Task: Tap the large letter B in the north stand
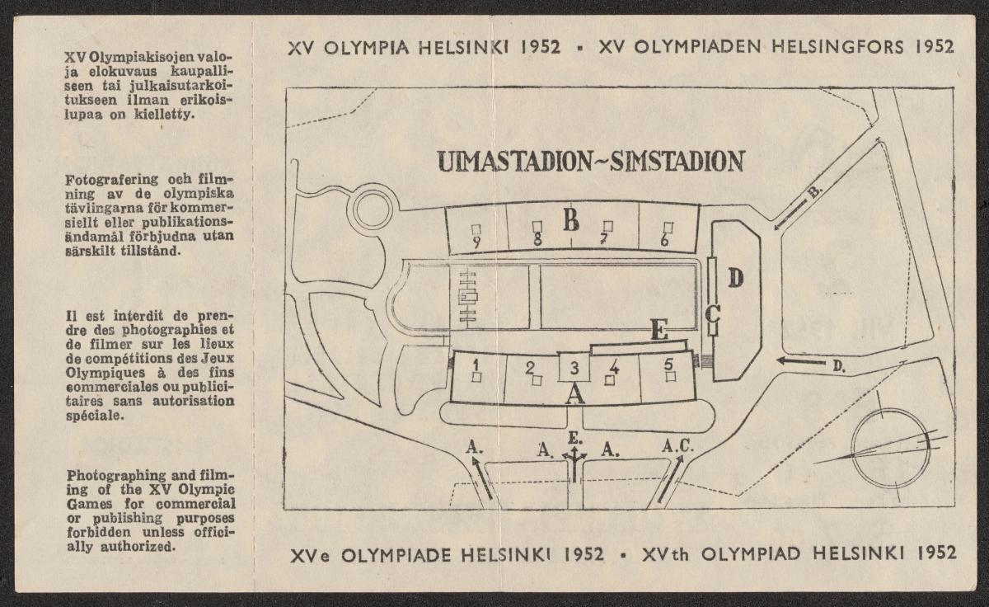571,220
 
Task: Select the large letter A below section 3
576,393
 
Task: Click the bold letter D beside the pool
736,279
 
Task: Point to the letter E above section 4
659,331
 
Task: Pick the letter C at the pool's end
714,313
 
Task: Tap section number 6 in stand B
664,242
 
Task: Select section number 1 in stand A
476,362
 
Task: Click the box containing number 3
575,367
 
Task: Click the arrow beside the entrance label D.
800,361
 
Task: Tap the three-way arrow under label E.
574,463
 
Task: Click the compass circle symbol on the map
890,449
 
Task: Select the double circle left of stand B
373,209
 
